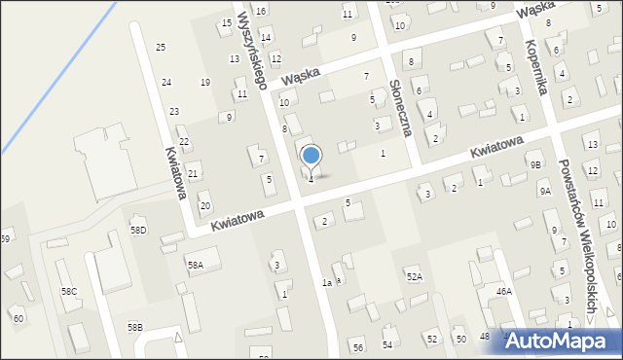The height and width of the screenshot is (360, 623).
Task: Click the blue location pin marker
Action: [311, 156]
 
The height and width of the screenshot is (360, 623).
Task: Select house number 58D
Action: [138, 230]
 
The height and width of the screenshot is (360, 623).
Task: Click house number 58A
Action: [196, 265]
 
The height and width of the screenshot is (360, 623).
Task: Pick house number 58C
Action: [69, 291]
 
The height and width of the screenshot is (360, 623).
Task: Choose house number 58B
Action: [134, 327]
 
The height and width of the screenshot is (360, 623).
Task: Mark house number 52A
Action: [415, 277]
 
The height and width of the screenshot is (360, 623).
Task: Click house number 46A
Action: [503, 291]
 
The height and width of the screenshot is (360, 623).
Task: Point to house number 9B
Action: [535, 165]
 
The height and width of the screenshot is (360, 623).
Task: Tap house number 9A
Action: [545, 192]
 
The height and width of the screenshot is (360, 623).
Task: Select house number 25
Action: [161, 47]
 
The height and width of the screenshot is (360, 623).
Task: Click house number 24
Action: [166, 83]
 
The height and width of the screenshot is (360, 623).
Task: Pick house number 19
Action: [205, 83]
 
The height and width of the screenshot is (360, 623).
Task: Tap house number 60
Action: [18, 318]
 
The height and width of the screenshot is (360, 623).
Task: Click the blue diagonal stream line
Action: [49, 79]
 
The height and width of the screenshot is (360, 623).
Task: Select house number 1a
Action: [328, 282]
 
